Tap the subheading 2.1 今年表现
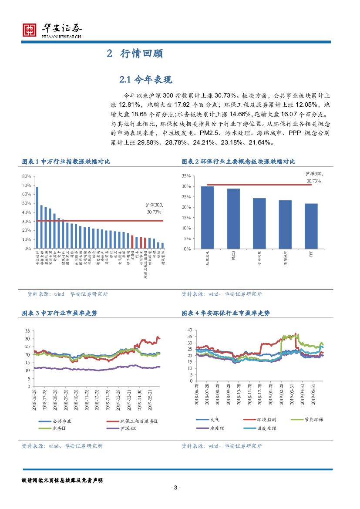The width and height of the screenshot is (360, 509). pyautogui.click(x=146, y=79)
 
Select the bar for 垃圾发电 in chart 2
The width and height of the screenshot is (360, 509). pyautogui.click(x=207, y=217)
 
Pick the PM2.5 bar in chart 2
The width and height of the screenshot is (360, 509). pyautogui.click(x=233, y=219)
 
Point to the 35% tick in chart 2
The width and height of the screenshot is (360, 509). pyautogui.click(x=186, y=176)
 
